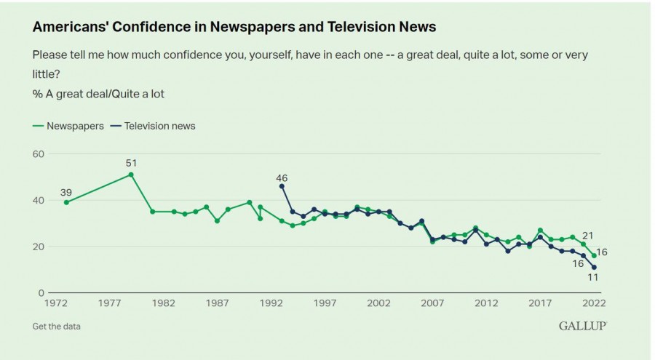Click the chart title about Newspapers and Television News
pos(234,27)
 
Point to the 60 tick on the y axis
pos(39,154)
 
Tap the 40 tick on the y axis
pos(39,200)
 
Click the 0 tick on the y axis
pos(41,293)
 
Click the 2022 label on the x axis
pos(594,303)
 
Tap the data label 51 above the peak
pos(131,163)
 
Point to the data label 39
pos(66,191)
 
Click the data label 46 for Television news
pos(282,177)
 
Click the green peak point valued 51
pos(131,175)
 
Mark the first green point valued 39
pos(66,202)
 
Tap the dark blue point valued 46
pos(282,186)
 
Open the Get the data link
pos(57,327)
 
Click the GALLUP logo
pos(582,326)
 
